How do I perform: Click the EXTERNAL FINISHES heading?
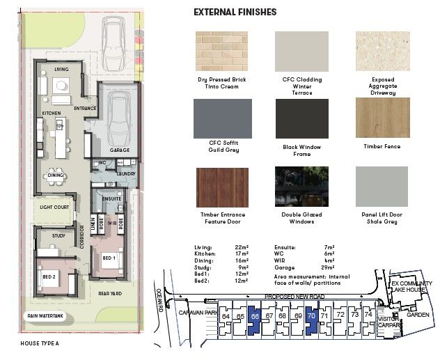(x=235, y=12)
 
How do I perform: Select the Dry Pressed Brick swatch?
(x=221, y=51)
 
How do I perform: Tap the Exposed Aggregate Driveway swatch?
(x=382, y=51)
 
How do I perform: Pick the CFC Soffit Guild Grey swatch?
(x=221, y=118)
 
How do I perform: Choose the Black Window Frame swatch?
(x=301, y=118)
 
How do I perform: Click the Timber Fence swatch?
(x=382, y=118)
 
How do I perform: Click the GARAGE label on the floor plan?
(x=120, y=150)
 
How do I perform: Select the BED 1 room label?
(x=109, y=258)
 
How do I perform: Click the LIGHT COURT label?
(x=53, y=208)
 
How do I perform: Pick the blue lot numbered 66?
(x=255, y=317)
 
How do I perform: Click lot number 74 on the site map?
(x=368, y=315)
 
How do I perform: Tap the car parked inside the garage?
(x=120, y=118)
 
